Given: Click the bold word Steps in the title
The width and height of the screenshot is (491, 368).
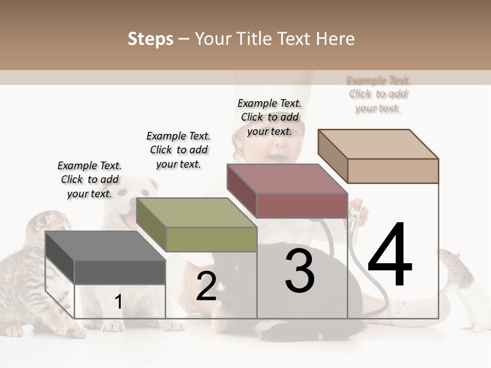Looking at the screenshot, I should pyautogui.click(x=150, y=39).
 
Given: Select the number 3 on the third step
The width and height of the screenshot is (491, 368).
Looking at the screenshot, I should pyautogui.click(x=300, y=271).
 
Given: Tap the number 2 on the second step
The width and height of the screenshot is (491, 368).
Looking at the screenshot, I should pyautogui.click(x=206, y=286).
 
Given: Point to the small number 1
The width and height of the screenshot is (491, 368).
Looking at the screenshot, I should pyautogui.click(x=118, y=302).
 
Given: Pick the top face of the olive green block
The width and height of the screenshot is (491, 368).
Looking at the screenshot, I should pyautogui.click(x=197, y=213).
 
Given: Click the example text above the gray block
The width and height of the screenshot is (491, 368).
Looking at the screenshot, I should pyautogui.click(x=90, y=179).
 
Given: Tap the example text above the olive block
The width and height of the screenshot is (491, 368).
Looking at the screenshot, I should pyautogui.click(x=178, y=150).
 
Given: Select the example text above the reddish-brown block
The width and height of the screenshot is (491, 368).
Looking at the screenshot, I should pyautogui.click(x=270, y=117).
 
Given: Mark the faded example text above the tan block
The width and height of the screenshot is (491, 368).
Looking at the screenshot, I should pyautogui.click(x=378, y=94).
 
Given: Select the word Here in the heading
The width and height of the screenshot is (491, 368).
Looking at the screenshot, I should pyautogui.click(x=336, y=39).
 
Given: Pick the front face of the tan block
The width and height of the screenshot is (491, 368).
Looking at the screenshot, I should pyautogui.click(x=393, y=171).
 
